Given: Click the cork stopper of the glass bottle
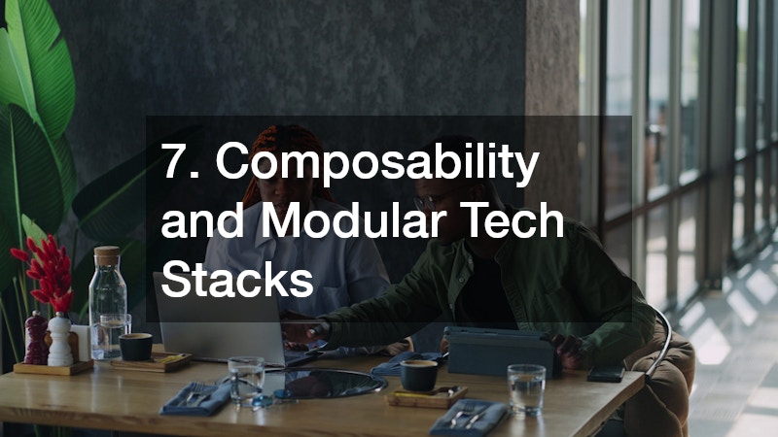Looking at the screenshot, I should (x=107, y=255).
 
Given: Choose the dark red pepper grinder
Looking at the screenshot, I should (x=36, y=337).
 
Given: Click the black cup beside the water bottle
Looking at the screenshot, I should (x=136, y=347).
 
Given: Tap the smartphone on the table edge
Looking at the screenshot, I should (x=605, y=373).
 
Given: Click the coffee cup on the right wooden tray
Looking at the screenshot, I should (x=419, y=375).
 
